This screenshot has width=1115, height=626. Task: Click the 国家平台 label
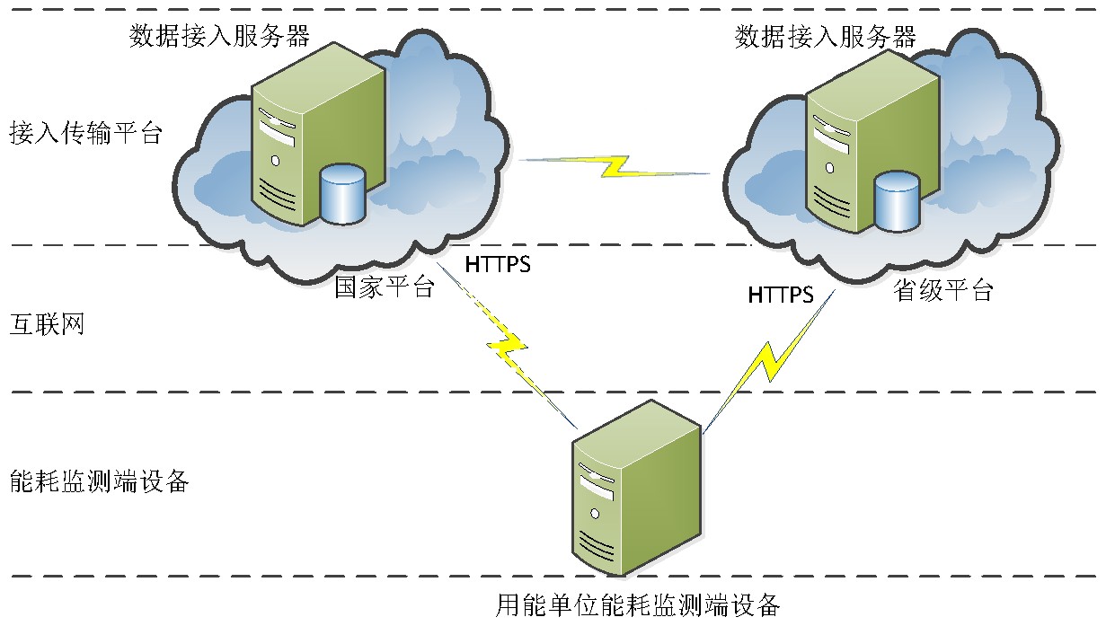(x=385, y=287)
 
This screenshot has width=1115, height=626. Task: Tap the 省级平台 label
(x=943, y=291)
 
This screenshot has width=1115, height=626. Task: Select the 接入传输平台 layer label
(x=86, y=134)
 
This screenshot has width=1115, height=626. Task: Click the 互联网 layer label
(x=47, y=323)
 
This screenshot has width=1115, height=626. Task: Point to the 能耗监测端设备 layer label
(x=99, y=481)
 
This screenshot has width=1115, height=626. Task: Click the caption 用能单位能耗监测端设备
(x=638, y=604)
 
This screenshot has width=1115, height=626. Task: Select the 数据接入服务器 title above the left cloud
(x=220, y=36)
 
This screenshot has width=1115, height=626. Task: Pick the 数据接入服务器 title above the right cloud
(x=826, y=37)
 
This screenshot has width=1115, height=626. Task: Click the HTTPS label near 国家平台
(x=498, y=265)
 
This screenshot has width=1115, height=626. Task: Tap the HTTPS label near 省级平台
(x=781, y=295)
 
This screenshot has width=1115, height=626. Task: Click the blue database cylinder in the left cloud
(x=342, y=193)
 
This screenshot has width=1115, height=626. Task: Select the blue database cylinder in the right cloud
(x=898, y=199)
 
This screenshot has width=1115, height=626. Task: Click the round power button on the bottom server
(x=594, y=513)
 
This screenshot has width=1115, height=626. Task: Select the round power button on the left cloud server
(x=274, y=161)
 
